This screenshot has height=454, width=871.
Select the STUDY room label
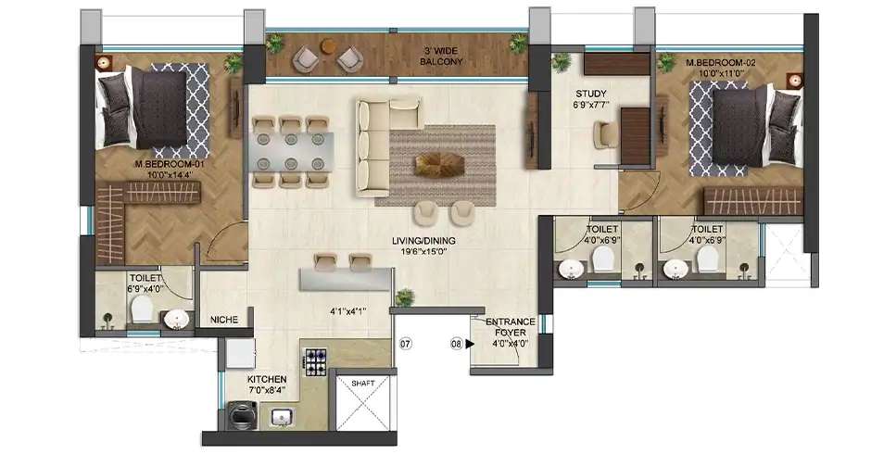590,93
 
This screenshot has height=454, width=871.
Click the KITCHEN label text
266,380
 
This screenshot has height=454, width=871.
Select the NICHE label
224,320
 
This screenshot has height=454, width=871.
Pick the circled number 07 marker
405,344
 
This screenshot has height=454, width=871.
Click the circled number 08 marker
456,344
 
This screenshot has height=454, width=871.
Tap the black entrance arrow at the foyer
472,344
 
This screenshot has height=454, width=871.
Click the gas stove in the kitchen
315,361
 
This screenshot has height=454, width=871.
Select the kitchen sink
282,418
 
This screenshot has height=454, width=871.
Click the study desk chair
604,135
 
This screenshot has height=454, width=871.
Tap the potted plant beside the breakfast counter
404,297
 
